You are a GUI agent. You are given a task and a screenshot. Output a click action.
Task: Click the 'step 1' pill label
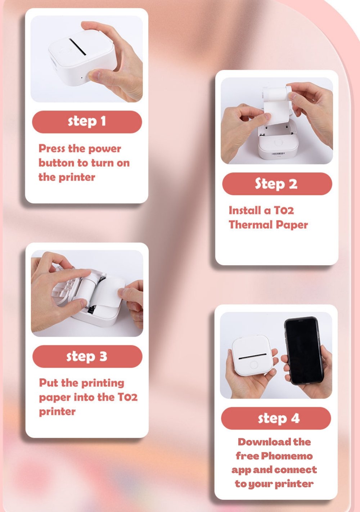click(x=87, y=122)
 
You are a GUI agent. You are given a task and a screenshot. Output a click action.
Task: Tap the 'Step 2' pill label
click(x=277, y=184)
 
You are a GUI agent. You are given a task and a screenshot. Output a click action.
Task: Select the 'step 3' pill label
click(x=87, y=356)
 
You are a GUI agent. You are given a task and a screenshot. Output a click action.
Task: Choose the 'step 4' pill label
click(x=276, y=418)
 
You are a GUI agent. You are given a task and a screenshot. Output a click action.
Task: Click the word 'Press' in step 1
click(x=52, y=149)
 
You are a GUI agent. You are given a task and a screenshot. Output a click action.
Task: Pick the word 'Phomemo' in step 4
click(x=287, y=456)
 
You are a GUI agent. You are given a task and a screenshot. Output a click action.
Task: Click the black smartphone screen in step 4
click(x=304, y=351)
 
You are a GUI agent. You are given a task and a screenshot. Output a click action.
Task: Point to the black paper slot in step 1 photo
click(x=78, y=47)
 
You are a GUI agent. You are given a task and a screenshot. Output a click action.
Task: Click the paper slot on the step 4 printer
click(x=252, y=356)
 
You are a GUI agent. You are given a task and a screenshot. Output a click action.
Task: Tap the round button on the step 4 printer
click(x=254, y=365)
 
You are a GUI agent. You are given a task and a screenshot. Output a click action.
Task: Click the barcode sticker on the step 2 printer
click(x=278, y=153)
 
